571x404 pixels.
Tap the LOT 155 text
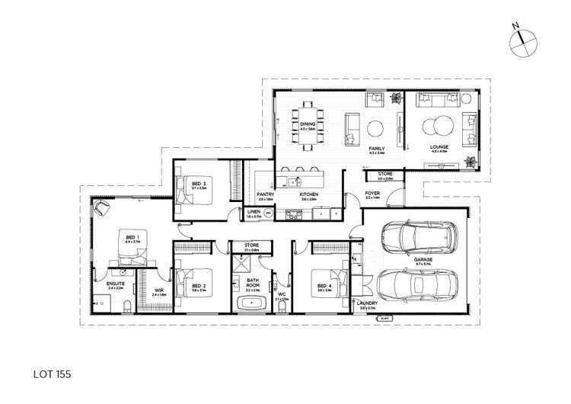coord(53,375)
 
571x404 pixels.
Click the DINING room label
coord(307,123)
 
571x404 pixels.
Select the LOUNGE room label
coord(439,146)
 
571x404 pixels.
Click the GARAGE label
coord(423,260)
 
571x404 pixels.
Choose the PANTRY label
coord(265,194)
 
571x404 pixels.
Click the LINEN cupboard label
coord(254,213)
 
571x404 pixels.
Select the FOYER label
coord(372,194)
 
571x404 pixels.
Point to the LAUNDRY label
coord(367,303)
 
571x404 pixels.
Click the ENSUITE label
coord(115,284)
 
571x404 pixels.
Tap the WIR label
coord(159,290)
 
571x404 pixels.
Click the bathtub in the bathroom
coord(253,303)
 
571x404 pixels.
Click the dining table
coord(308,124)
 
